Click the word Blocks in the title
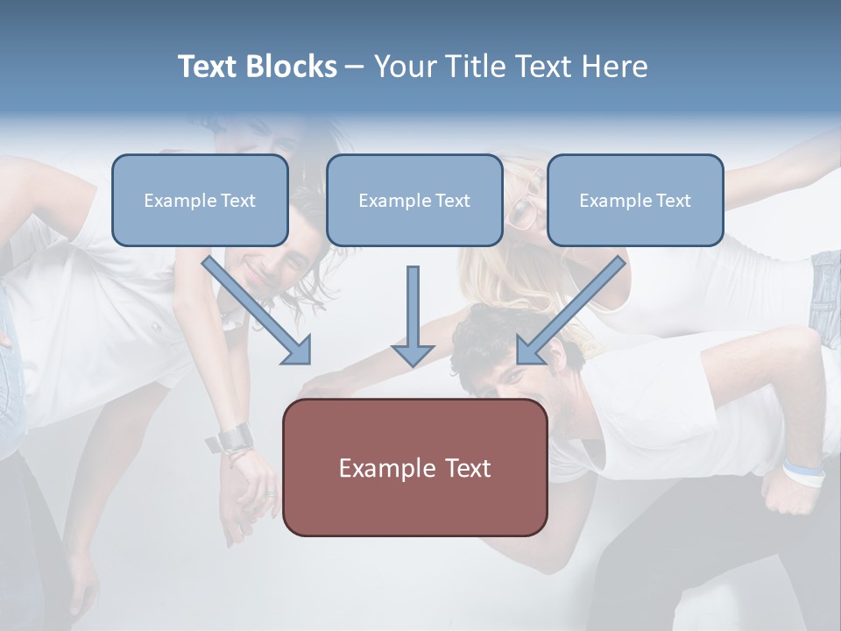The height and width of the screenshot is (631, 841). point(291,67)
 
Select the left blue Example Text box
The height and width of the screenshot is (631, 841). point(200,200)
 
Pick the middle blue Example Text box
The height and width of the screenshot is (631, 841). point(414,200)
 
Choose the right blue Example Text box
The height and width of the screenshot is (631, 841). point(635,200)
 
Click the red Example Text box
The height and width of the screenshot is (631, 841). point(415,468)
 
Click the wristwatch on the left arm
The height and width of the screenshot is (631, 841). point(235,437)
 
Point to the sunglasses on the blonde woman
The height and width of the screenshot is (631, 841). point(523,210)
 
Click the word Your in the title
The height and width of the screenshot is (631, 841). point(404,67)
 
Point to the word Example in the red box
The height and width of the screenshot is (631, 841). point(385,468)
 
